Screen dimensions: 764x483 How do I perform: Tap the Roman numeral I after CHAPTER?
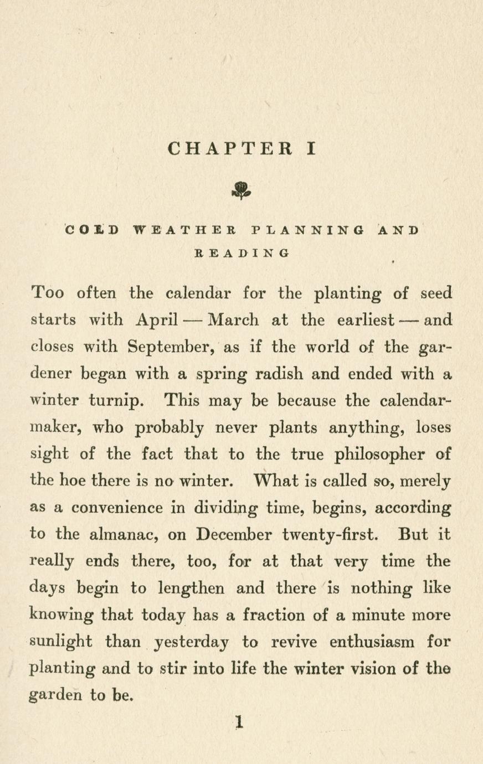coord(311,148)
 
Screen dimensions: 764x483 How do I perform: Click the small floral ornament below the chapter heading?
coord(241,191)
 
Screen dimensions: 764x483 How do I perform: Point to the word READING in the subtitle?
coord(242,253)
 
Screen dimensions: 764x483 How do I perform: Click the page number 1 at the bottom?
coord(239,721)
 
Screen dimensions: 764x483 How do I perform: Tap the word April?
coord(156,320)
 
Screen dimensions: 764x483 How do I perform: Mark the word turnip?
coord(114,401)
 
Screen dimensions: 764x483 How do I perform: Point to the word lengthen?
coord(191,588)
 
